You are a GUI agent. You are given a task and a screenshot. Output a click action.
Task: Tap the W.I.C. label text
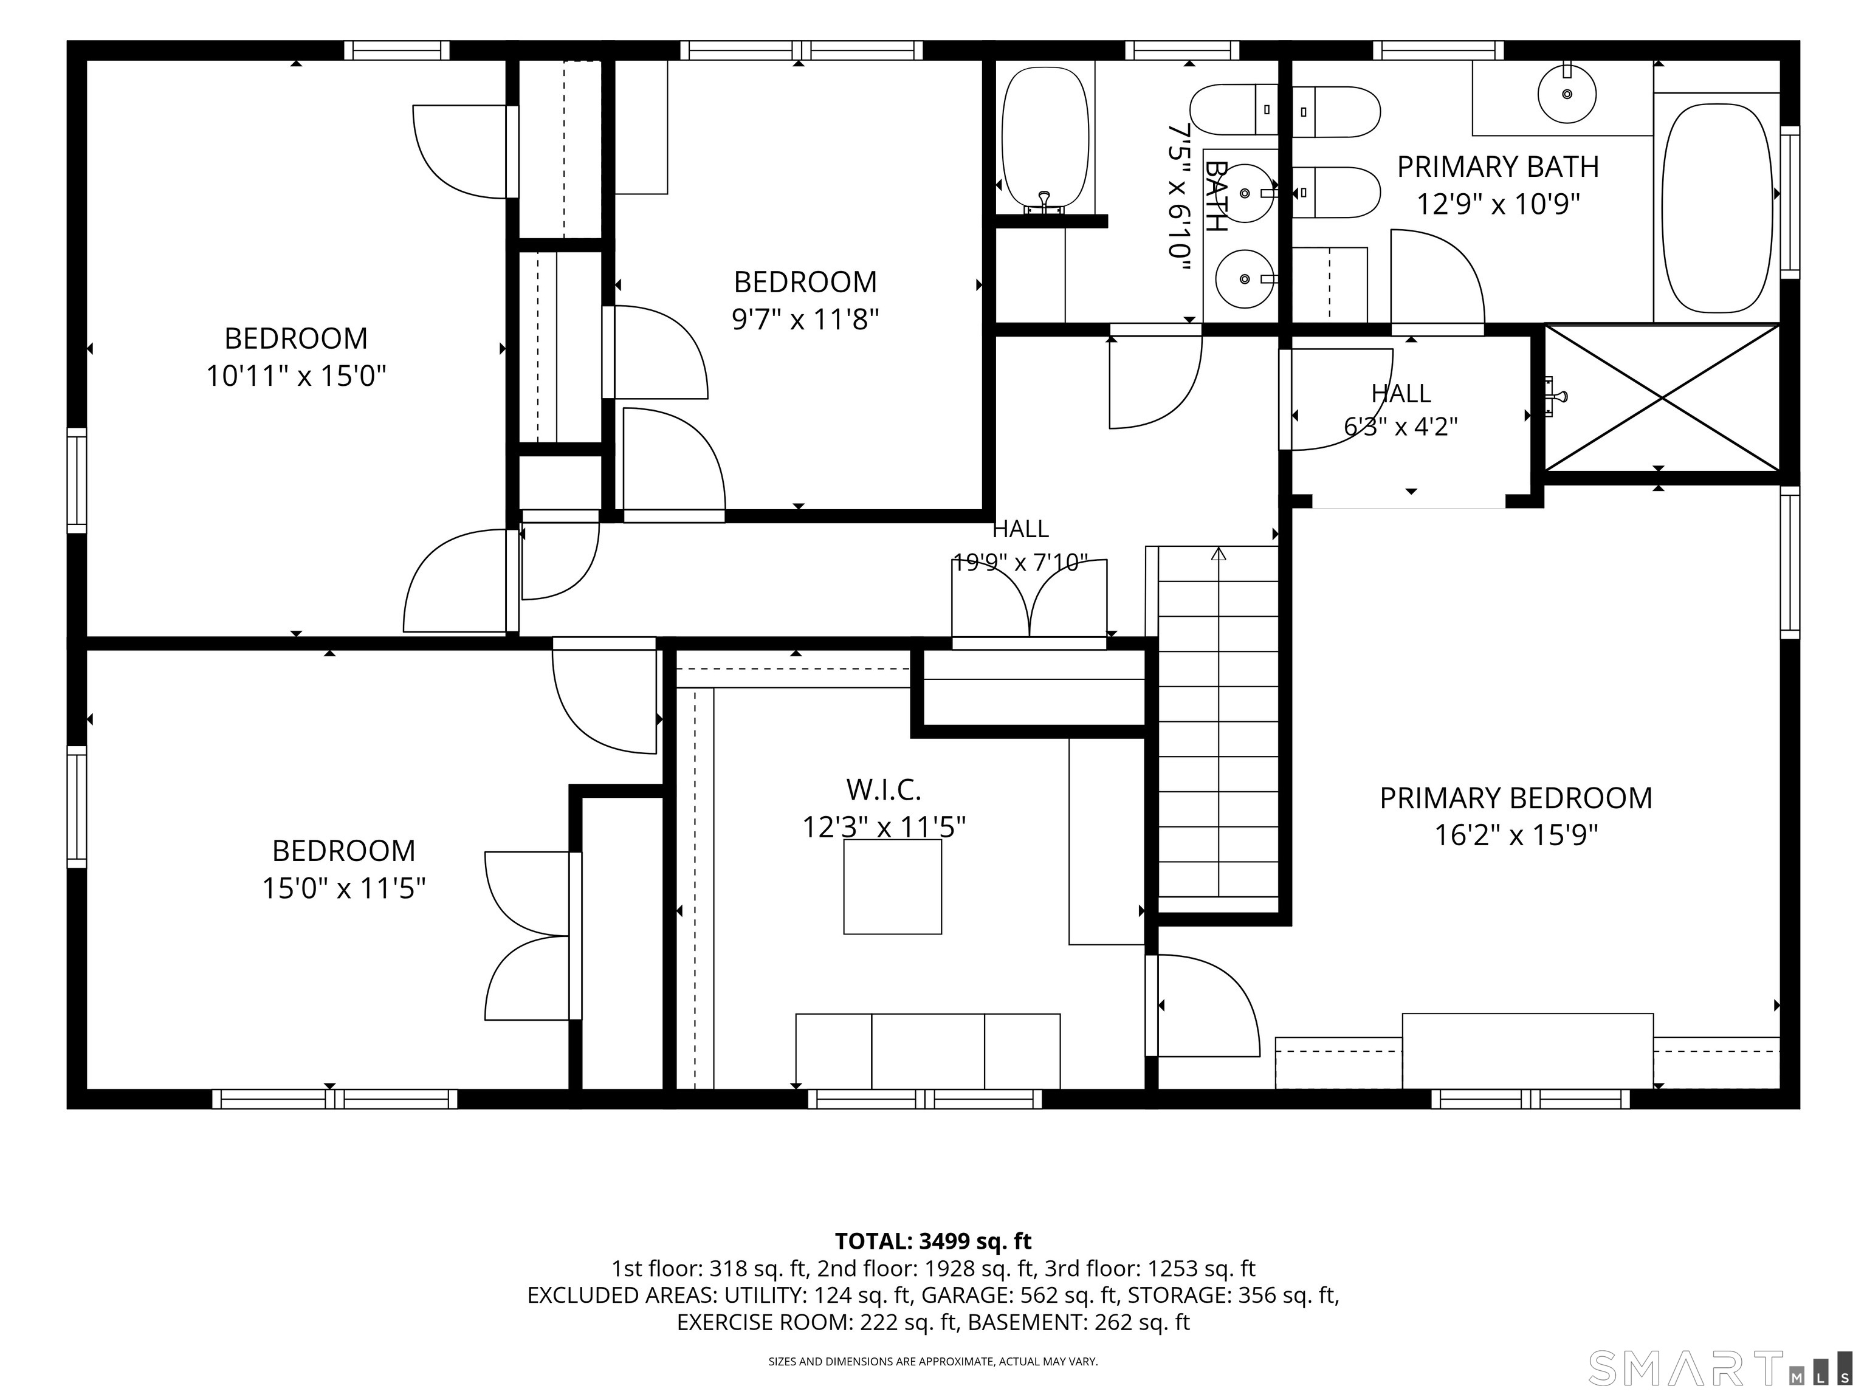(884, 790)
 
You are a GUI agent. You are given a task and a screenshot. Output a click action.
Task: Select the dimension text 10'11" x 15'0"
(296, 376)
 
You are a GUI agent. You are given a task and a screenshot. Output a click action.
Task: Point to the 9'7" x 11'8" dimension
(805, 319)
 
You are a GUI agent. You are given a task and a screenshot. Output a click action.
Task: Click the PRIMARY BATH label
(1498, 167)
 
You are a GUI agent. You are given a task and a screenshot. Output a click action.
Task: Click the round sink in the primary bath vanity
(1567, 94)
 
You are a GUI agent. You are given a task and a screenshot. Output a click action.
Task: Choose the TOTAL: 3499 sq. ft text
(933, 1241)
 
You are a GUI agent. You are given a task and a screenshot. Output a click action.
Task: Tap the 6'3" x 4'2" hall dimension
(1401, 426)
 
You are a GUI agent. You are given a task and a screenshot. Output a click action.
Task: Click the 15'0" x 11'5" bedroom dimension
(343, 888)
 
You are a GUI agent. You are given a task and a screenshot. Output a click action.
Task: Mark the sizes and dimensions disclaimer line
(933, 1361)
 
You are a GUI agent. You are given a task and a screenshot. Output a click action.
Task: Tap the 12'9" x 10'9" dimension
(1498, 204)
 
